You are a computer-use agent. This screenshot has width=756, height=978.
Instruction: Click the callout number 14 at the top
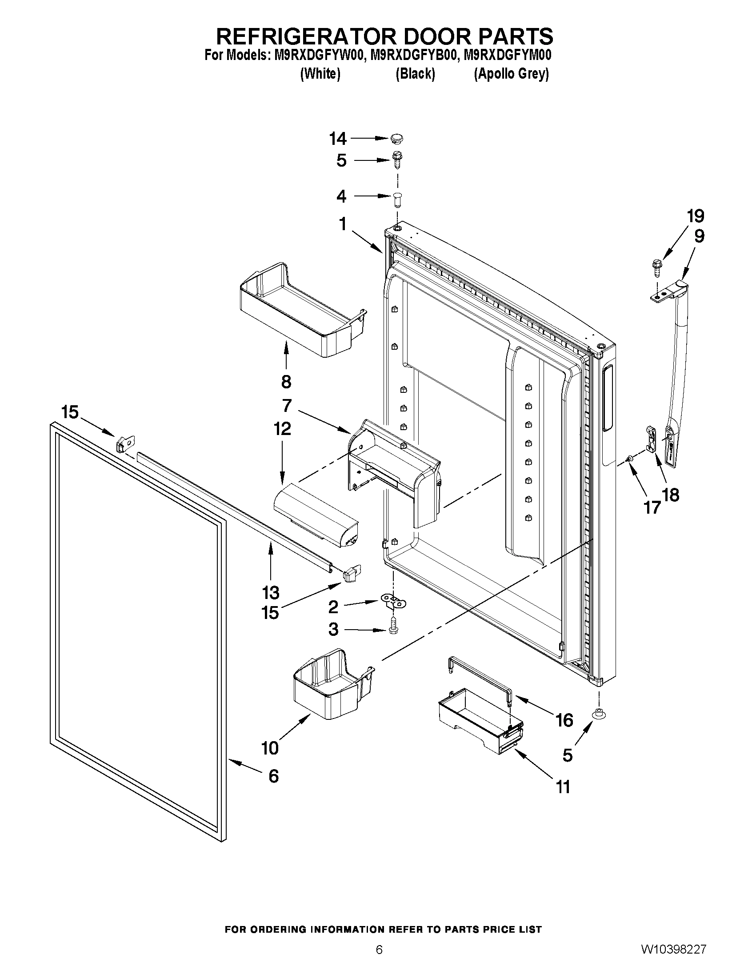338,139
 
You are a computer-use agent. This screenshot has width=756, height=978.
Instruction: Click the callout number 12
282,428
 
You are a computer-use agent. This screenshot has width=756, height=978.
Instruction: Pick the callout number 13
271,592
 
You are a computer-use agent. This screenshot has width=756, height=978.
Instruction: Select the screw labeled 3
394,626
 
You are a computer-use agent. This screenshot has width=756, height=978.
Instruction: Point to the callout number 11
563,787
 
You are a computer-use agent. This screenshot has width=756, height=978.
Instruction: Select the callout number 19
696,216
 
